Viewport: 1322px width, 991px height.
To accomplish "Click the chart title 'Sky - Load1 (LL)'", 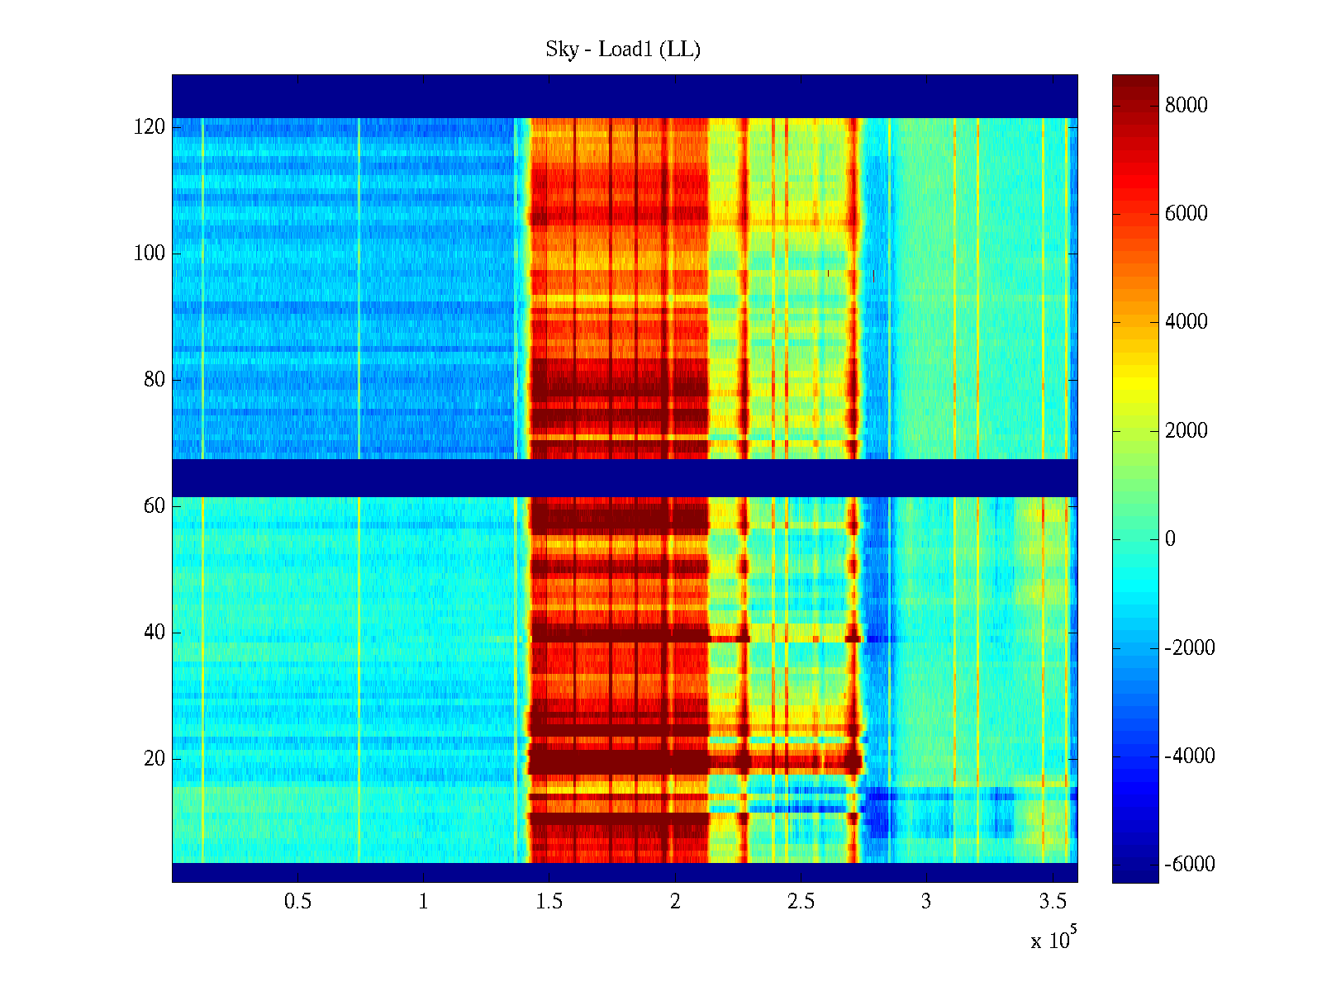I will click(x=623, y=50).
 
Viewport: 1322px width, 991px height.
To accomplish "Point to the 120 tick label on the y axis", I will click(x=150, y=127).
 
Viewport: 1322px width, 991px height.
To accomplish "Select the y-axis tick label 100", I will click(x=150, y=254).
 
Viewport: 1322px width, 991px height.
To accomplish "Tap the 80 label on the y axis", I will click(x=155, y=380).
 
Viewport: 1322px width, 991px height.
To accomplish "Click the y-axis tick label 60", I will click(x=155, y=505).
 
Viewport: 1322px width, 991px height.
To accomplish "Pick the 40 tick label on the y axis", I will click(x=155, y=632).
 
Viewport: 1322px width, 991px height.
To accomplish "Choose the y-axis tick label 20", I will click(x=155, y=758).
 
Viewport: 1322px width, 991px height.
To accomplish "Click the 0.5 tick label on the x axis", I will click(x=297, y=901).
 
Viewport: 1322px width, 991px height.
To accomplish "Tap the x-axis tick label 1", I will click(x=423, y=901).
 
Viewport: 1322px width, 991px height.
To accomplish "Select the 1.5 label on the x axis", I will click(x=549, y=901).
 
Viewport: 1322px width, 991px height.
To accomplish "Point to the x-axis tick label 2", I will click(x=675, y=901).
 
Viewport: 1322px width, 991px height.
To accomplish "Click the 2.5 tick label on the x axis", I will click(x=801, y=901).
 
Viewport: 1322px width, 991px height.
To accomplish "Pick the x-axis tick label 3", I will click(x=926, y=901).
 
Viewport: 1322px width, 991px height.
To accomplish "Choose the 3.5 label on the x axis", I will click(x=1052, y=901).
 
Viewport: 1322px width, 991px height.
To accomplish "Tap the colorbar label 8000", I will click(x=1186, y=105).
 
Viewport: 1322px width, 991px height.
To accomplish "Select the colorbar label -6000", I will click(x=1190, y=865).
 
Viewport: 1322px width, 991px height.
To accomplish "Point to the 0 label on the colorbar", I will click(x=1170, y=539).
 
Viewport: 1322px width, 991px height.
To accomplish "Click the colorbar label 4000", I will click(x=1186, y=322).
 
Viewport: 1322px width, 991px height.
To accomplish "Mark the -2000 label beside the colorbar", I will click(x=1190, y=647).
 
